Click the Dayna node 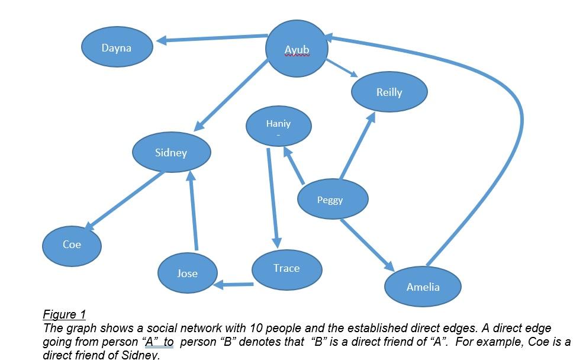[117, 47]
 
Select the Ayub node [297, 49]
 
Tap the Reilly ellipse [389, 92]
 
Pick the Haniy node [278, 126]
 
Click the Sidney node [172, 152]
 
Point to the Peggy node [333, 199]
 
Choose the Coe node [72, 246]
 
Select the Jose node [188, 273]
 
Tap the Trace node [286, 269]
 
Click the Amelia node [423, 287]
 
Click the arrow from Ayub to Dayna [211, 38]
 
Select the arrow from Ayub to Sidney [231, 96]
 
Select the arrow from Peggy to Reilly [358, 146]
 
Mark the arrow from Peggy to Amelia [367, 245]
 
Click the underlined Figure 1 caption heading [65, 314]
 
